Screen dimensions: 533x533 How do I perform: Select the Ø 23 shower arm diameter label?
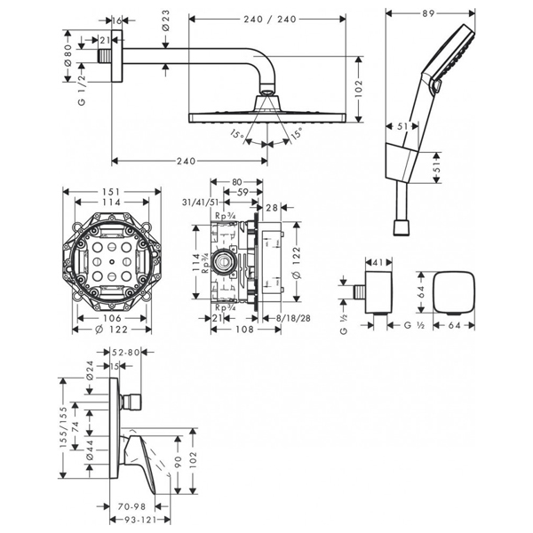pyautogui.click(x=166, y=29)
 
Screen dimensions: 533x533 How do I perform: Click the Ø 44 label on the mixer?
pyautogui.click(x=89, y=451)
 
